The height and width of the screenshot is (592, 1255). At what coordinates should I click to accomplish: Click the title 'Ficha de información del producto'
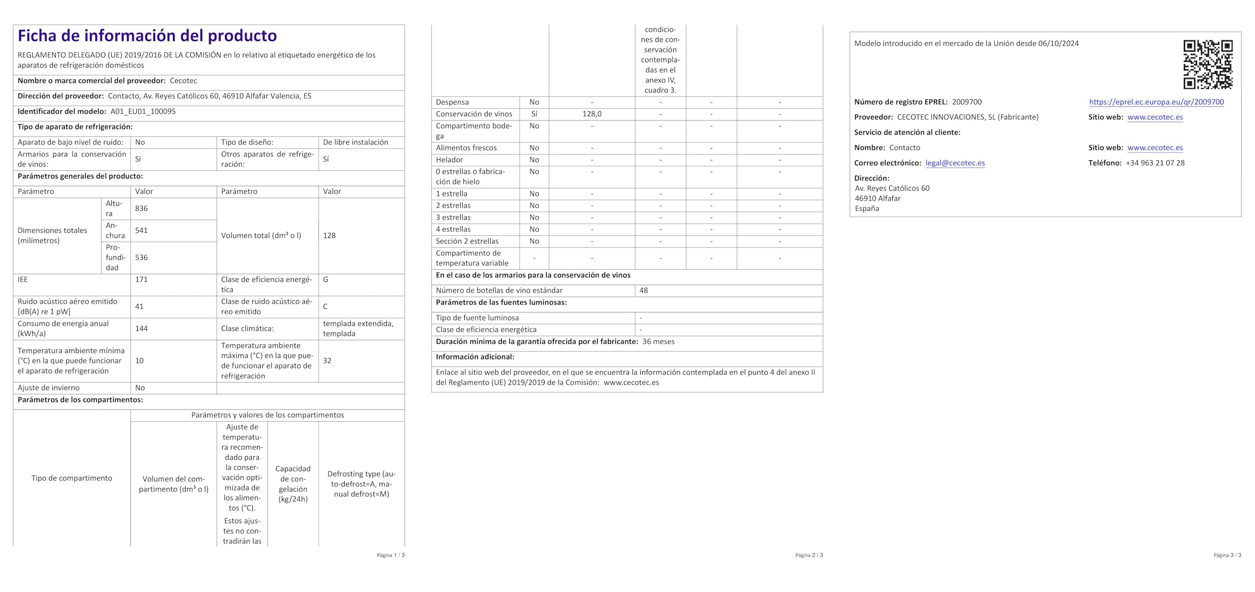pos(147,36)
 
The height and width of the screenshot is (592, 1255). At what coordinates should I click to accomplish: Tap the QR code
pos(1207,64)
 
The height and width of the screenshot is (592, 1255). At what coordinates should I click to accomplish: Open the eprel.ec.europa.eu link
pos(1156,102)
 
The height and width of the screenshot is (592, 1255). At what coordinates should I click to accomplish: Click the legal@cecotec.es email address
pos(955,163)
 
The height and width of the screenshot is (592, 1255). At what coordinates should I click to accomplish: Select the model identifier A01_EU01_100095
pos(143,111)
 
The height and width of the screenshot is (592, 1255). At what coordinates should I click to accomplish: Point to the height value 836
pos(141,208)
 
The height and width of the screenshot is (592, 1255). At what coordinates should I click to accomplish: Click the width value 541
pos(141,231)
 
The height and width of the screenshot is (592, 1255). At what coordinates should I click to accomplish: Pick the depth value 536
pos(141,257)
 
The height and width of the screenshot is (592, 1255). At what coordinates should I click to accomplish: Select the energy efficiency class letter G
pos(326,280)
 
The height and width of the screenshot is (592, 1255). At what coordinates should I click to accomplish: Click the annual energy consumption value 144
pos(141,329)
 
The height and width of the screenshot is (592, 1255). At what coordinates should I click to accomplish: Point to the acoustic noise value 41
pos(139,307)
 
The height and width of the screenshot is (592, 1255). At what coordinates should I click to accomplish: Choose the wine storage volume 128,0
pos(592,114)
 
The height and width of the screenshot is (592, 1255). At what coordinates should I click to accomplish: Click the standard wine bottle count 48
pos(643,290)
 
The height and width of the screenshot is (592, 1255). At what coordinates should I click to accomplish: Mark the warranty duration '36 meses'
pos(658,341)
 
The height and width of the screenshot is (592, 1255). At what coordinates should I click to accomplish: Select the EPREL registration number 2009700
pos(967,102)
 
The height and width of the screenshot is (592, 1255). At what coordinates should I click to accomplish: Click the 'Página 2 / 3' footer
pos(809,555)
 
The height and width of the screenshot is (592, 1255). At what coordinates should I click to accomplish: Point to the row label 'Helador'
pos(449,160)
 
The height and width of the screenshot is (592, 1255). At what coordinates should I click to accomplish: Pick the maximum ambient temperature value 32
pos(327,360)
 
